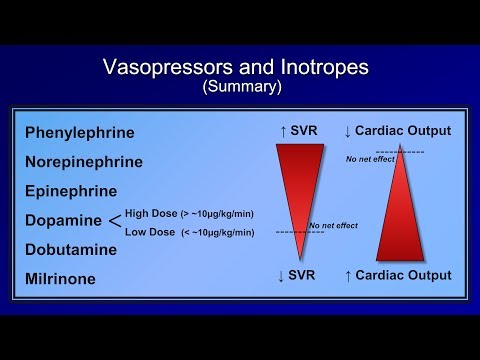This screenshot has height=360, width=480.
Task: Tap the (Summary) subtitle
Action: [x=242, y=87]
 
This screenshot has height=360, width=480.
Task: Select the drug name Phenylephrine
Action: [x=79, y=132]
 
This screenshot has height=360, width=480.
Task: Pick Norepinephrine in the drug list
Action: [x=84, y=161]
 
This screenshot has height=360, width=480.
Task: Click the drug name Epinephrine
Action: [x=71, y=191]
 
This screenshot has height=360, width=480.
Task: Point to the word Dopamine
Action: [x=61, y=220]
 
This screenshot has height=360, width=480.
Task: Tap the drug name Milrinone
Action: [x=62, y=279]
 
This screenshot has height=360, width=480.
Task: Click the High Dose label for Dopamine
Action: [x=188, y=212]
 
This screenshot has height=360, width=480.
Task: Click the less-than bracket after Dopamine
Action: [x=114, y=220]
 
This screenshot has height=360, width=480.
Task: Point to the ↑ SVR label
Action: [x=299, y=131]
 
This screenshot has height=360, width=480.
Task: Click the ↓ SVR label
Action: [x=299, y=275]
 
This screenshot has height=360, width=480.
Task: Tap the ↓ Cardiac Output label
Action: [x=397, y=131]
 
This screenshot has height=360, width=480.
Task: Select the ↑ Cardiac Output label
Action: [x=397, y=275]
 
